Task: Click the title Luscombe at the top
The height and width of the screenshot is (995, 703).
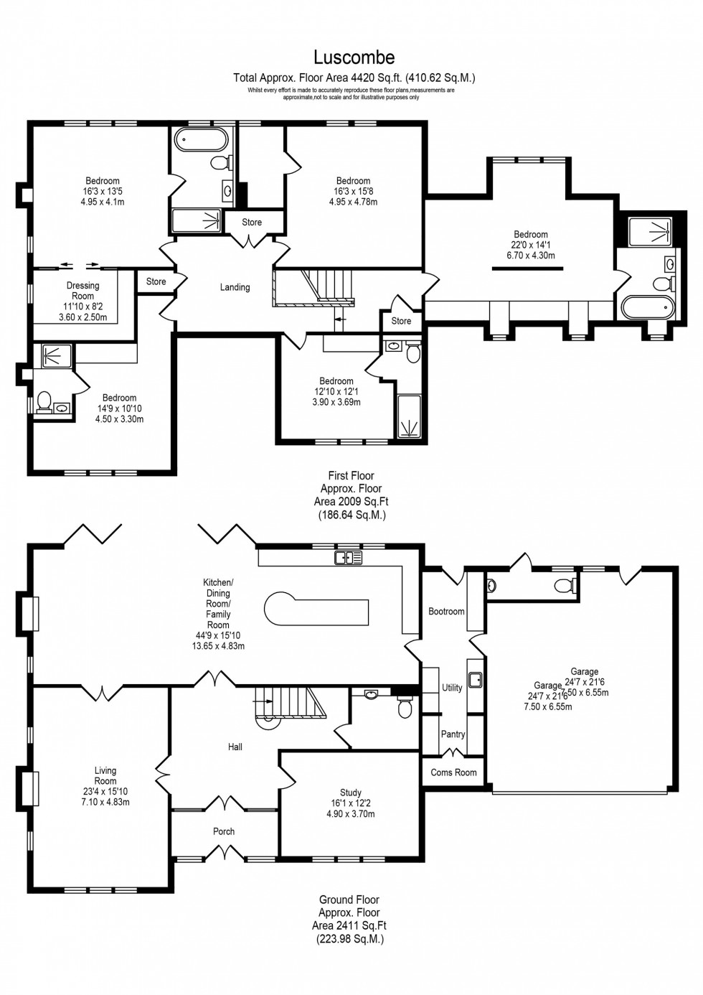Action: [354, 57]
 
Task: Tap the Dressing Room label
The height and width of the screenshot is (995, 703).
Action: [82, 291]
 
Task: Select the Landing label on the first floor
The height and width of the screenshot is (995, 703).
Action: [235, 287]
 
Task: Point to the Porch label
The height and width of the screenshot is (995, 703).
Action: [224, 831]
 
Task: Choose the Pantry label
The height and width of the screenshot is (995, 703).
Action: [453, 734]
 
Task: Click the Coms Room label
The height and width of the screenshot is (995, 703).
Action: [453, 772]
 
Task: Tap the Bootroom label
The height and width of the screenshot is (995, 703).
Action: [446, 612]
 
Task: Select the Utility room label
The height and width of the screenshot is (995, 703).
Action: [452, 688]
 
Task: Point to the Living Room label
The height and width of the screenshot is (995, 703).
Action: [105, 775]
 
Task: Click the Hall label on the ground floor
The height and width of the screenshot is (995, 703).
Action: [235, 747]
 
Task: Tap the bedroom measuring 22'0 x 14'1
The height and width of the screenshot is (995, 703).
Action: [530, 245]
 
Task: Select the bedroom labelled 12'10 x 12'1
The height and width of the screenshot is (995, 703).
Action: [336, 391]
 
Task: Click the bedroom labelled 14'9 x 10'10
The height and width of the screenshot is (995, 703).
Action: [119, 408]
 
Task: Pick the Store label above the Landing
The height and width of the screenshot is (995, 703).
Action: [252, 223]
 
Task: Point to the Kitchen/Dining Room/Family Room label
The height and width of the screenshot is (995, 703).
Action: [218, 614]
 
